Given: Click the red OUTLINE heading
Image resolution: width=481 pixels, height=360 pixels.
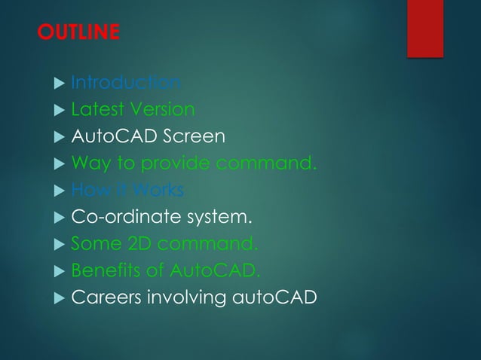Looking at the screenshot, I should [78, 33].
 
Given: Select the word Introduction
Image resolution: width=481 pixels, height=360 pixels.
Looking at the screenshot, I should [125, 82].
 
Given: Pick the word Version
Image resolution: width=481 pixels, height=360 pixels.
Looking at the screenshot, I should [162, 109].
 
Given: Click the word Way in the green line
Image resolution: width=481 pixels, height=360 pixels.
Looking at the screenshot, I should [87, 163].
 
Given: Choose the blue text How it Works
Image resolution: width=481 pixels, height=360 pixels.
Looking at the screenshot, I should [127, 190].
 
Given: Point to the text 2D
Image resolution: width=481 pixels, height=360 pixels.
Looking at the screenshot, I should [134, 243].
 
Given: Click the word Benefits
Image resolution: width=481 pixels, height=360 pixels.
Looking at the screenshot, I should [103, 270].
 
